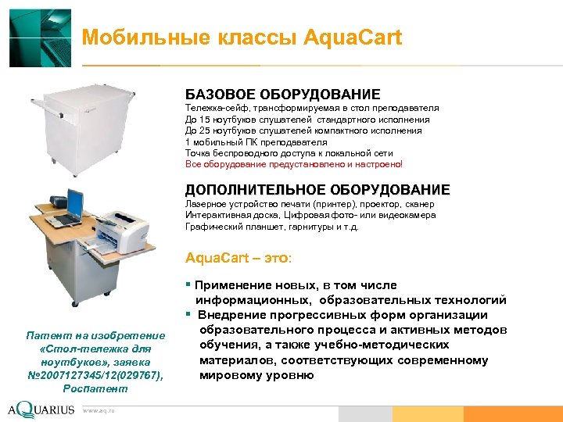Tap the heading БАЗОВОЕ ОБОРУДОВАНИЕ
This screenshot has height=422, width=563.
click(282, 95)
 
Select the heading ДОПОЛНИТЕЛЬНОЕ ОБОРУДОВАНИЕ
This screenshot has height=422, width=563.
click(317, 190)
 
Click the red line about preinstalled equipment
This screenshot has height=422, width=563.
click(294, 165)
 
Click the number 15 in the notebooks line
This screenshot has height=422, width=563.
click(205, 120)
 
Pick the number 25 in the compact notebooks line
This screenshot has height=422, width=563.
click(205, 131)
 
